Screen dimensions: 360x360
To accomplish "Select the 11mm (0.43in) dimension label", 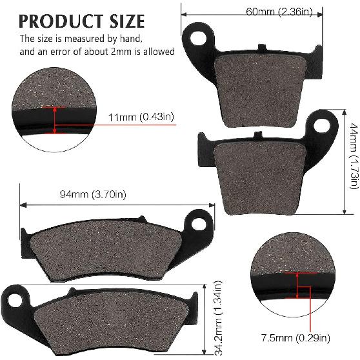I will pos(140,117).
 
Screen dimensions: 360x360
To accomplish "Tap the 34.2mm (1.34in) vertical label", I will pos(219,318).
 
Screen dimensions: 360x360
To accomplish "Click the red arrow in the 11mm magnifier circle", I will pos(55,120).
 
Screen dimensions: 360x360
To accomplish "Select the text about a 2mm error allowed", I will pos(97,52).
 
